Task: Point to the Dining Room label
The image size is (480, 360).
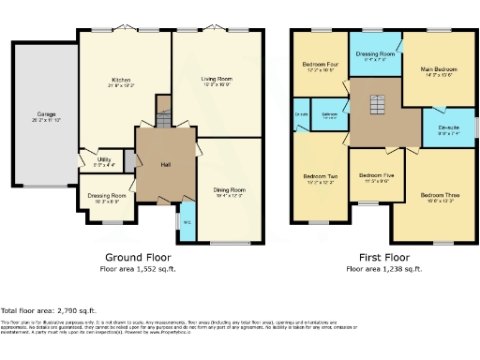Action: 229,191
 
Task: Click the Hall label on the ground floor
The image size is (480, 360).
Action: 165,165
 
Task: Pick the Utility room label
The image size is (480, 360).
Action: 105,159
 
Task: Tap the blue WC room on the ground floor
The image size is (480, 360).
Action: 187,222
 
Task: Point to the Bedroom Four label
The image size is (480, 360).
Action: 318,66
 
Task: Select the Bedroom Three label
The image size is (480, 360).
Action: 437,196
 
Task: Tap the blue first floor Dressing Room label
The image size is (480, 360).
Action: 375,53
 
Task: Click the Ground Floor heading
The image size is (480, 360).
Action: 137,257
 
